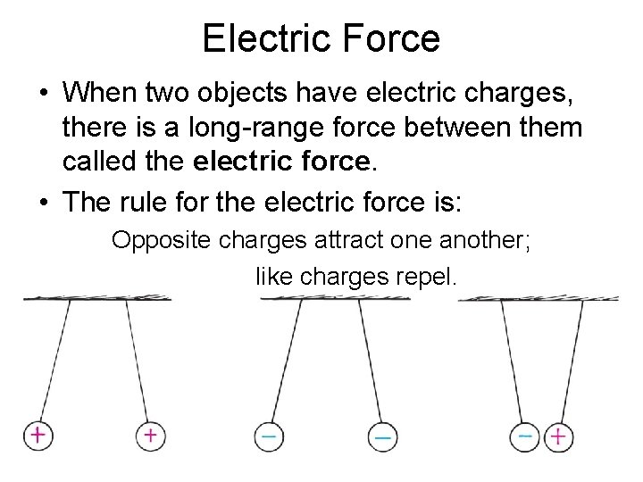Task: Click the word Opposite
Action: pos(155,241)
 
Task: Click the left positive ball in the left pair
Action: pos(38,436)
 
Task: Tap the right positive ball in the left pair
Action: pos(150,436)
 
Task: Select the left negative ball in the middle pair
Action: pos(269,436)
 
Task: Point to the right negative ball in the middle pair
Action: pos(380,436)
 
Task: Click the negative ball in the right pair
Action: pos(527,436)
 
